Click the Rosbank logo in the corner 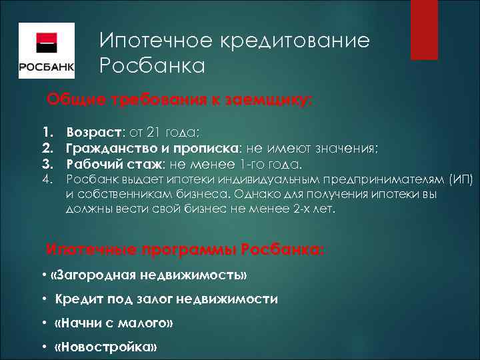(46, 51)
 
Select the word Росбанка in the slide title (153, 66)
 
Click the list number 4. (47, 179)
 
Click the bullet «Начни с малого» (113, 323)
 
